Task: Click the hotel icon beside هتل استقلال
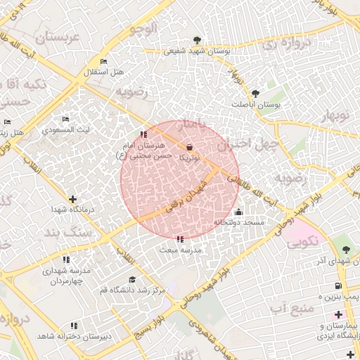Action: point(105,62)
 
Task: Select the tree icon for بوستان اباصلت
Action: point(255,93)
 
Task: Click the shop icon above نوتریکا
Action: point(189,147)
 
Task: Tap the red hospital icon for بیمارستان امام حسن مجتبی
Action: point(143,134)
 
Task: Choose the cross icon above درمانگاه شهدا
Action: point(73,199)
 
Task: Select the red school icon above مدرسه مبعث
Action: point(180,240)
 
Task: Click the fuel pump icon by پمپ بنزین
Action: point(339,285)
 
